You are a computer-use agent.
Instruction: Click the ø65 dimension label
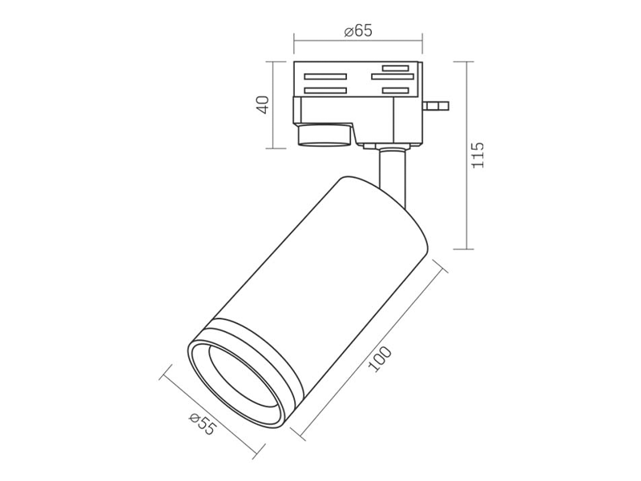[358, 30]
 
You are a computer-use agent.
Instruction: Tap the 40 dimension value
[263, 105]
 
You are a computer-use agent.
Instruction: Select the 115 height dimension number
[478, 155]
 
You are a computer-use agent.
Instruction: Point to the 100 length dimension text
[380, 358]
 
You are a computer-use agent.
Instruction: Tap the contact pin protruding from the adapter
[437, 106]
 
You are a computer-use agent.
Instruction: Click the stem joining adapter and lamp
[393, 176]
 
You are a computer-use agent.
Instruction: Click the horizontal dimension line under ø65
[358, 41]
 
